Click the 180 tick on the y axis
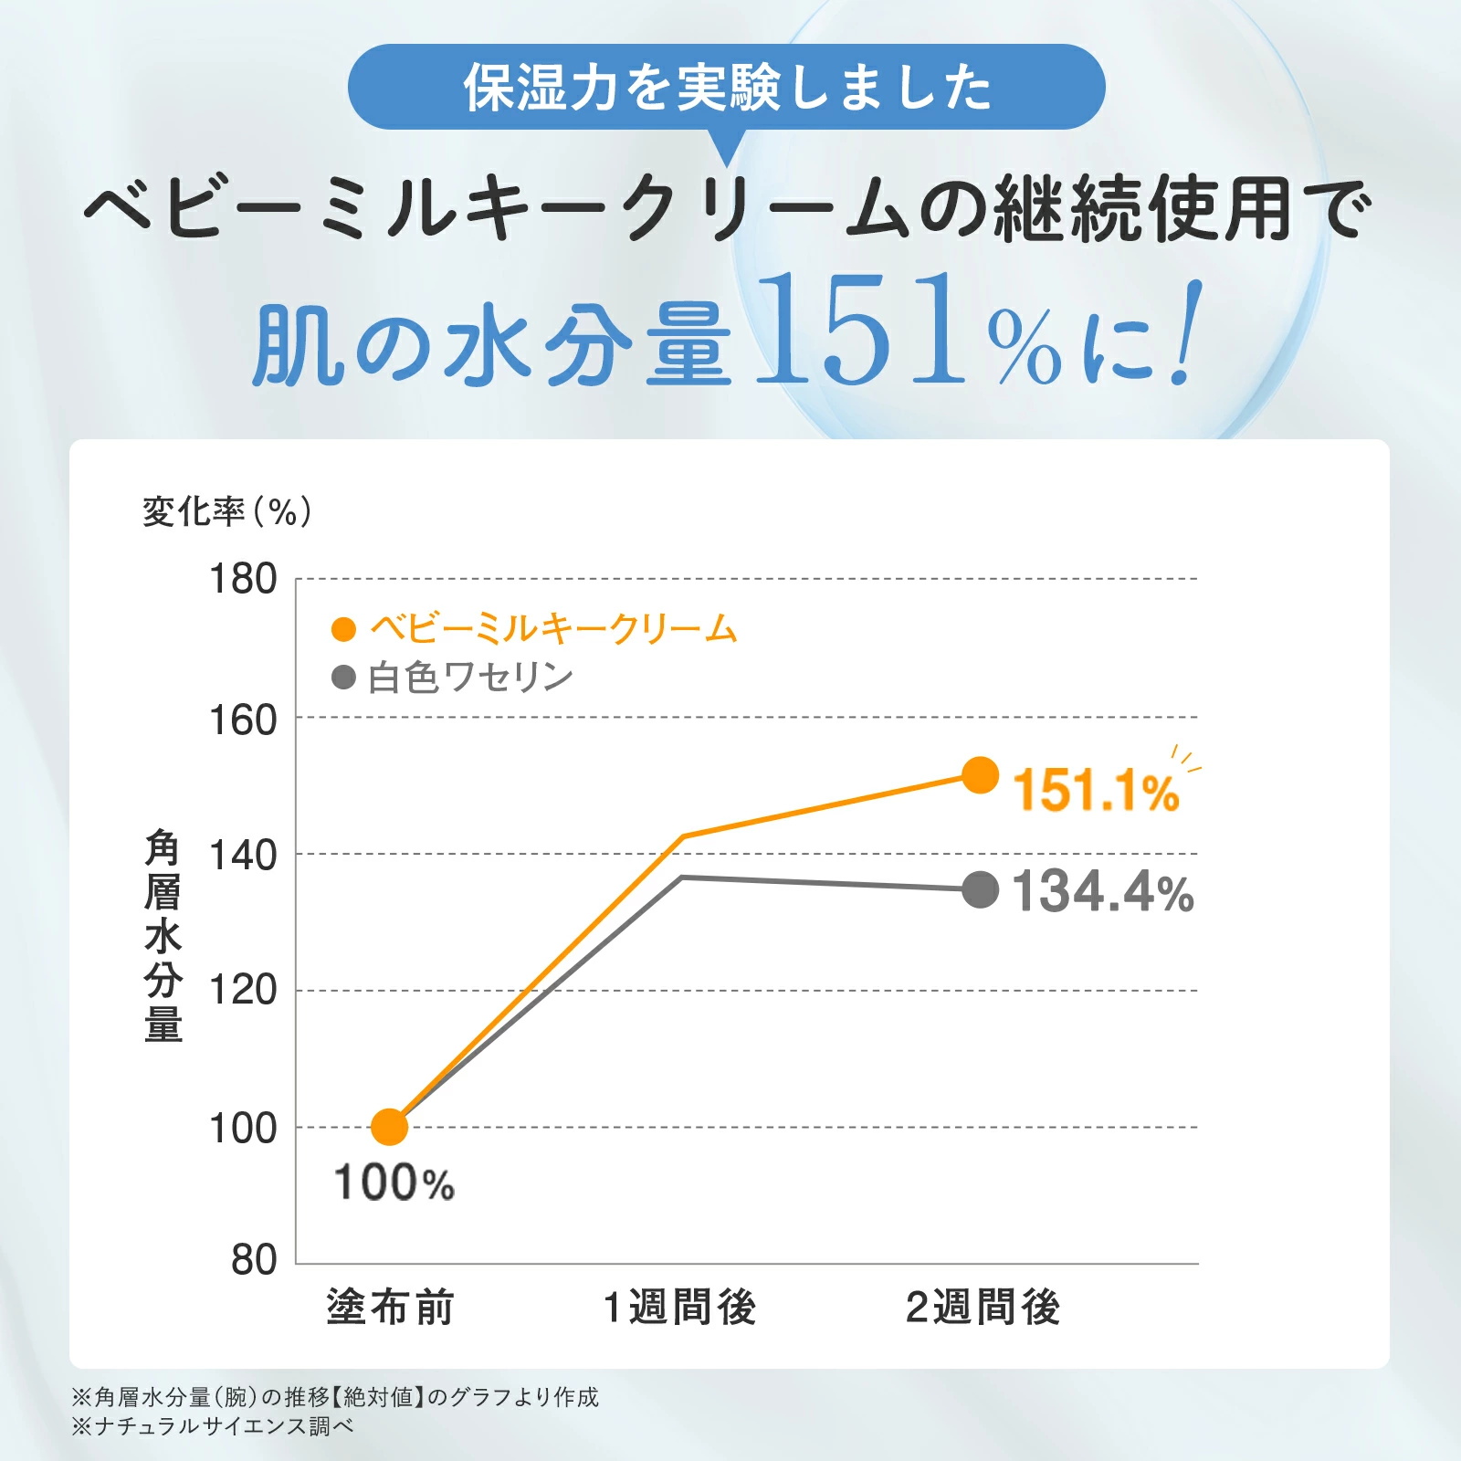point(243,579)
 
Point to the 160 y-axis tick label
point(243,720)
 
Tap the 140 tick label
point(243,857)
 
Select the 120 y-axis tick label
point(243,990)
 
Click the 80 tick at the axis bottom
point(254,1260)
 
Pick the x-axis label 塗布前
point(391,1308)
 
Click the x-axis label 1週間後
point(680,1308)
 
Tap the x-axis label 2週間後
point(983,1308)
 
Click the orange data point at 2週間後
point(981,775)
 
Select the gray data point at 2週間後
point(981,889)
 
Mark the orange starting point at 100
point(390,1127)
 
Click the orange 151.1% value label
point(1096,790)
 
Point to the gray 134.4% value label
point(1103,891)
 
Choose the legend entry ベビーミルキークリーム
point(552,629)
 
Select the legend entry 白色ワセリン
point(469,678)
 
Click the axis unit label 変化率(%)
point(227,512)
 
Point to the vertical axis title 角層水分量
point(163,935)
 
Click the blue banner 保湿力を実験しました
point(726,88)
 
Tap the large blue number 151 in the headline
point(860,331)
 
